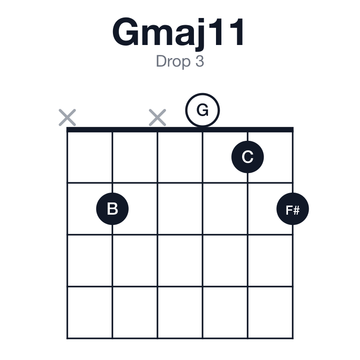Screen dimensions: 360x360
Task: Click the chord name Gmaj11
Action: tap(178, 33)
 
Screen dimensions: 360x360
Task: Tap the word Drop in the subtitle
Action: tap(173, 62)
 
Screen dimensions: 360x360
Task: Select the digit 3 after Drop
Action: tap(200, 61)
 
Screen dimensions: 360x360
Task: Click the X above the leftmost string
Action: tap(67, 117)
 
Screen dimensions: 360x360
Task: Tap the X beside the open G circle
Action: tap(157, 117)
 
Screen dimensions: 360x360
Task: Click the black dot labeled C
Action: tap(247, 157)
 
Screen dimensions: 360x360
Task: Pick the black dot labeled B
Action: tap(112, 209)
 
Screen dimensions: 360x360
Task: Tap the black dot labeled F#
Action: tap(293, 209)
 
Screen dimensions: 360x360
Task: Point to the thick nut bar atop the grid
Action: tap(180, 130)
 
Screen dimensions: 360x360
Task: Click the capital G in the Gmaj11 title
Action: tap(126, 32)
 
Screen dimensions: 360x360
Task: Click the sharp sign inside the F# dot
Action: tap(296, 210)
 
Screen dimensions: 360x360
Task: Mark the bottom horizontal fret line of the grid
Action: tap(180, 338)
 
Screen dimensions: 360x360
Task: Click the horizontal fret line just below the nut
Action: tap(180, 183)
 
